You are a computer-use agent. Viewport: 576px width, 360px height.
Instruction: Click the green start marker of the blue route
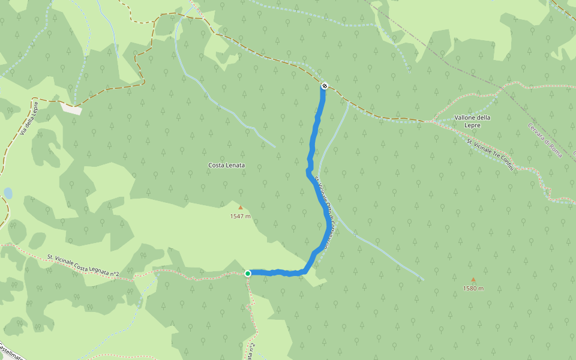247,273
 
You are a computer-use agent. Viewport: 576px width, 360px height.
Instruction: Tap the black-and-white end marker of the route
324,86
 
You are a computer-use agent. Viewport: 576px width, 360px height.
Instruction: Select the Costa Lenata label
226,165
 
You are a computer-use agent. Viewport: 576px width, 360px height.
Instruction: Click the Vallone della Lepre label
472,121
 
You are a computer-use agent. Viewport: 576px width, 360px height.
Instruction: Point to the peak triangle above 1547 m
241,208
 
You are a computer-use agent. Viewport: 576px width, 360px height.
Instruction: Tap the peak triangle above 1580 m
473,280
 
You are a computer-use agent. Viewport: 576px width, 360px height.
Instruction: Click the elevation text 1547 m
240,216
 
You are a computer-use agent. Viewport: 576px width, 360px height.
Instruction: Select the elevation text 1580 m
473,288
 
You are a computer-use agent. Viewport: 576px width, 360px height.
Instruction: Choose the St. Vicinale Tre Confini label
491,154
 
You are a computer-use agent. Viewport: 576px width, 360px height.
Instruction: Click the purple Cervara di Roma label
545,140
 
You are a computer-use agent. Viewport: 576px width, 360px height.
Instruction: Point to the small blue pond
7,193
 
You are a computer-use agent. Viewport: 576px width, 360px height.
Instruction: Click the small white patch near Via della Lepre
71,108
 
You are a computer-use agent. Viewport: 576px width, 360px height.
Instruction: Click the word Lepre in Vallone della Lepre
472,125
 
